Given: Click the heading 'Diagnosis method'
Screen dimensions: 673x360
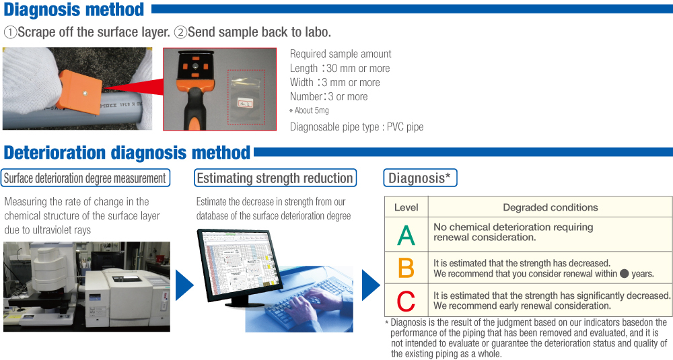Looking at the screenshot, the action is [x=74, y=10].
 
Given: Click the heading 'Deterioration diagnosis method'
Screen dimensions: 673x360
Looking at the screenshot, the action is [x=127, y=153].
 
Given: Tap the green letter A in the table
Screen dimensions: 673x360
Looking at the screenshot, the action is [x=406, y=235].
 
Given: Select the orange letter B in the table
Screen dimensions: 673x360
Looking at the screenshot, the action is [x=406, y=268].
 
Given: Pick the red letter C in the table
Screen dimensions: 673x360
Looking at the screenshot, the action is [x=406, y=300].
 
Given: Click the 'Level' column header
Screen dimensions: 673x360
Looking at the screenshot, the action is [x=406, y=207].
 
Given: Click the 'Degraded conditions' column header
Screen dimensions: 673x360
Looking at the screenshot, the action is [x=551, y=207].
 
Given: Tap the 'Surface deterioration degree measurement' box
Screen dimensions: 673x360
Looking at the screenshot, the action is [x=85, y=178].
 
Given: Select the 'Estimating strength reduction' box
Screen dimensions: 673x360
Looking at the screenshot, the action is [x=275, y=178].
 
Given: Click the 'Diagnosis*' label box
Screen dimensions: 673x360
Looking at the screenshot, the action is [x=420, y=178].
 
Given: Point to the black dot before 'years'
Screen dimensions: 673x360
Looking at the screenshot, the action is [x=625, y=274].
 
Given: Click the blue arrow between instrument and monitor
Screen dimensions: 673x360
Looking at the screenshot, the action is [x=184, y=285].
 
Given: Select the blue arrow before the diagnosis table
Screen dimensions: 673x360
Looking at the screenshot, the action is [x=371, y=285].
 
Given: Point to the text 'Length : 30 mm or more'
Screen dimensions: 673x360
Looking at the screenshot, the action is [x=340, y=68].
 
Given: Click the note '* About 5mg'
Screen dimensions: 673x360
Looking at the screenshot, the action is [x=309, y=110].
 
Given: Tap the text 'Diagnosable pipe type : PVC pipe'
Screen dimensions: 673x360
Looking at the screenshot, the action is [x=357, y=127].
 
